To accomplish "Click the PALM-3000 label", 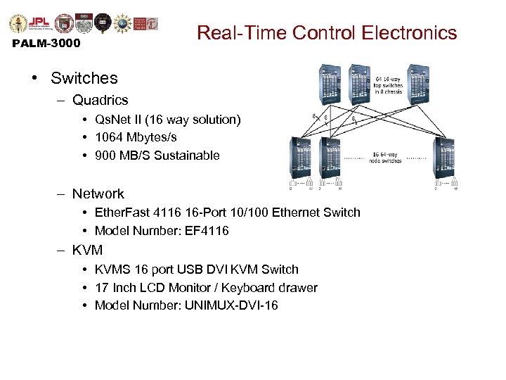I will pos(46,44).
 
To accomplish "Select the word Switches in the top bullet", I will pos(94,78).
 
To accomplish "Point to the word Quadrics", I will pos(100,101).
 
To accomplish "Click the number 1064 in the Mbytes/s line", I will pos(109,137).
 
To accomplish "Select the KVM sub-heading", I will pos(87,250).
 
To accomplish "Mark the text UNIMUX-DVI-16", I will pos(228,305).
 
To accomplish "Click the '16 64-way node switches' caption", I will pos(385,158).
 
